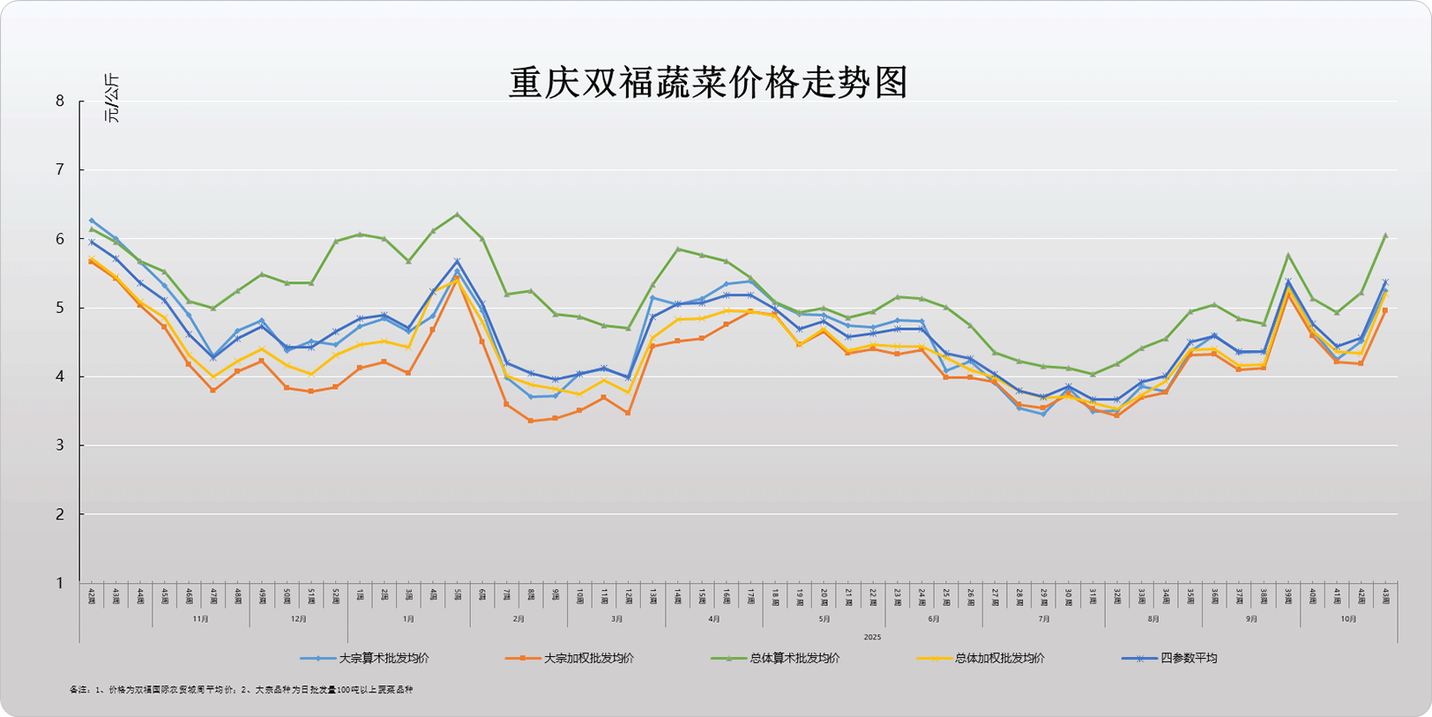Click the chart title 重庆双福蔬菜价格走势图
(708, 83)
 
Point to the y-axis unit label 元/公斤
(112, 99)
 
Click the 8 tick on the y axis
(60, 101)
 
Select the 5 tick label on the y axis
(60, 308)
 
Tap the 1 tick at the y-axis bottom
(60, 583)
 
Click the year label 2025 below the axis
(872, 637)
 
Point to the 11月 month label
(201, 619)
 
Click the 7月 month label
(1044, 619)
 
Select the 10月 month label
(1348, 619)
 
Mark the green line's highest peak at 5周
(457, 214)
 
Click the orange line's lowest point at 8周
(531, 421)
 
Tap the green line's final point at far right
(1385, 235)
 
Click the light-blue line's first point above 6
(92, 220)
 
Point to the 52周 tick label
(336, 596)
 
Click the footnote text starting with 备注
(241, 690)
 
